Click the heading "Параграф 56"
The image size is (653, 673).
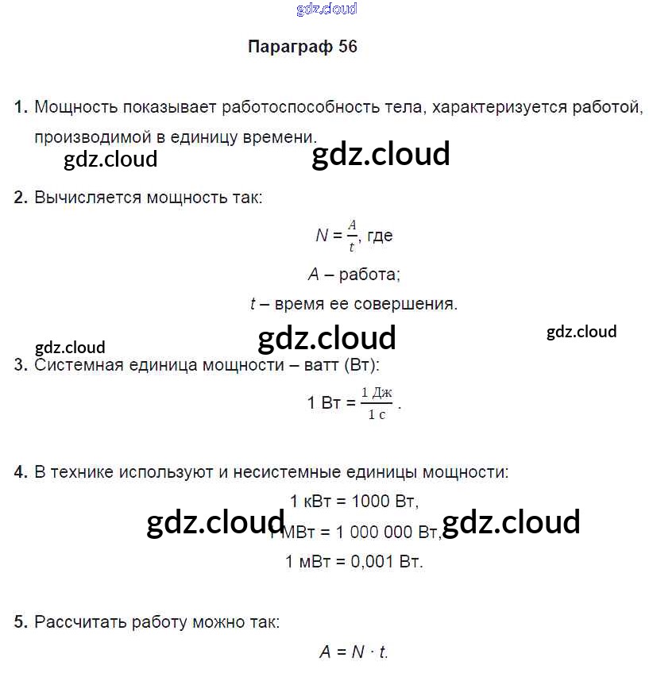point(303,46)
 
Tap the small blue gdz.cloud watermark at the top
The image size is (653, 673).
point(326,10)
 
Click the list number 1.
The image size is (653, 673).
point(21,107)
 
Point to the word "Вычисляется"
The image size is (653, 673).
point(87,198)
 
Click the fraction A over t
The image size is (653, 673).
point(353,236)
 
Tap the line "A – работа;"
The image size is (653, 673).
point(354,275)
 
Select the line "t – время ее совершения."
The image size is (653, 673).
point(354,303)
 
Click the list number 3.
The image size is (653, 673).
point(21,366)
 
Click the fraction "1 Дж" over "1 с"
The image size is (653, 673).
point(377,403)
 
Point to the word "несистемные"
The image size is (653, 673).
point(286,472)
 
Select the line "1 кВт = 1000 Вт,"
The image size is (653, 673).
point(354,502)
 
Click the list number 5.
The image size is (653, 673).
point(21,622)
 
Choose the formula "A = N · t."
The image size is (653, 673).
point(354,652)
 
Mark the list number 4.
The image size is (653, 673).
point(21,472)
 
